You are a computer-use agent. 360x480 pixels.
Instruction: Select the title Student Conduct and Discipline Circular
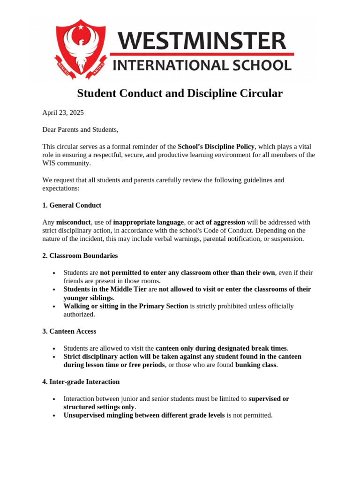click(x=180, y=94)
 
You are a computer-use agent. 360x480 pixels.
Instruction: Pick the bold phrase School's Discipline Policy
click(x=216, y=146)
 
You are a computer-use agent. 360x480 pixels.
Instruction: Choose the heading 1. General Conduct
click(x=72, y=205)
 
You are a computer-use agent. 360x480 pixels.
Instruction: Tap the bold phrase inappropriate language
click(x=148, y=222)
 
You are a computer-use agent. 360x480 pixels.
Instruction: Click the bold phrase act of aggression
click(x=220, y=222)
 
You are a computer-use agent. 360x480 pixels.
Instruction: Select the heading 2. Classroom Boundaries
click(x=80, y=256)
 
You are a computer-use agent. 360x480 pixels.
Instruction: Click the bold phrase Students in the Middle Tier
click(x=105, y=289)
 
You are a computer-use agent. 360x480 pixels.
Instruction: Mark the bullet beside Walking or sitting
click(x=55, y=307)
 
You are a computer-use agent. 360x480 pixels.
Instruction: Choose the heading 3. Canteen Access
click(x=69, y=331)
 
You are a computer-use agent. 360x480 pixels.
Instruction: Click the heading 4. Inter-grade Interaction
click(x=81, y=382)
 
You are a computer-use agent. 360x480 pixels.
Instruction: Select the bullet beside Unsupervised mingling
click(x=55, y=416)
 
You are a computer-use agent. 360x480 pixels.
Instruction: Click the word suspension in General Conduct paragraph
click(x=287, y=239)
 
